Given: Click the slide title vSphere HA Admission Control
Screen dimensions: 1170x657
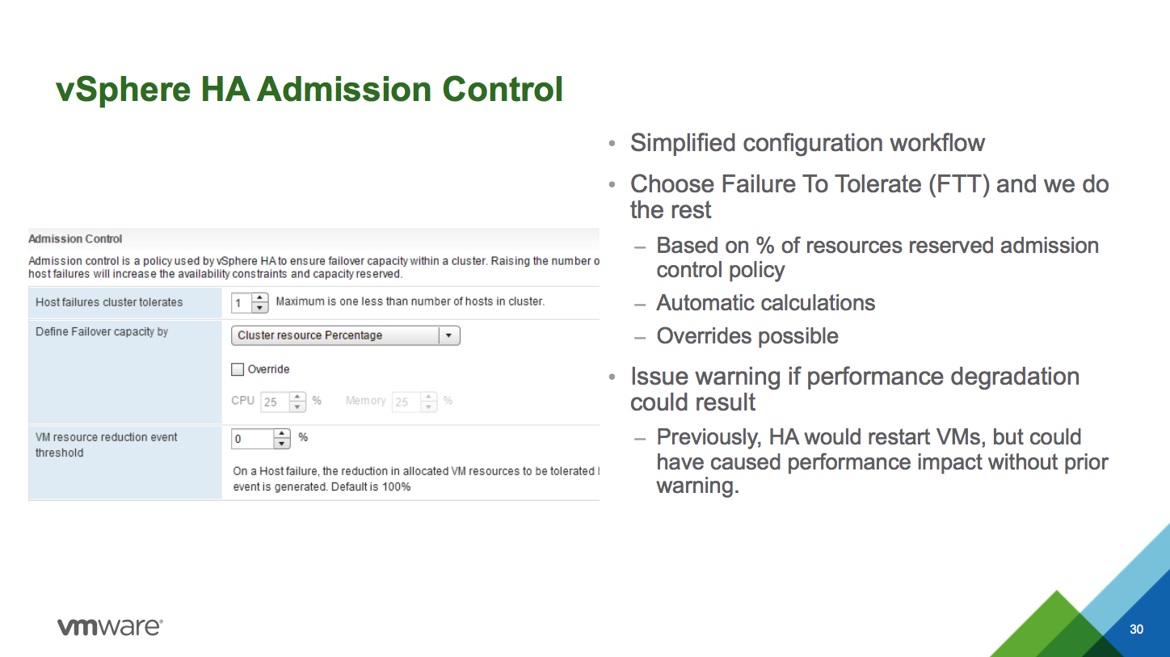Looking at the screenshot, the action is point(309,90).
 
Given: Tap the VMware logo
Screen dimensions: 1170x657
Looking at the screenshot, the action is point(110,627).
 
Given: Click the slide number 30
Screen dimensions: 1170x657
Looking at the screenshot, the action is point(1136,630).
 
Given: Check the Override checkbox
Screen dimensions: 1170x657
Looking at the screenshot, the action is point(238,370).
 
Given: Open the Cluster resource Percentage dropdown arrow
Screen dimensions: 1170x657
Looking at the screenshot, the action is point(448,335).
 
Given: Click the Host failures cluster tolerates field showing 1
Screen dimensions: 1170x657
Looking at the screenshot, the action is point(242,303).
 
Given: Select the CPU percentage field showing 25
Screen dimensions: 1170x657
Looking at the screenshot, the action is point(274,402).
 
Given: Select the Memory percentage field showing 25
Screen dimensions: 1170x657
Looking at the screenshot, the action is point(406,402).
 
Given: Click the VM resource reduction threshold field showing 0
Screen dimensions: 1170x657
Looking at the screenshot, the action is point(252,439).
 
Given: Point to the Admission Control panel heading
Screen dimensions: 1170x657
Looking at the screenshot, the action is point(75,239).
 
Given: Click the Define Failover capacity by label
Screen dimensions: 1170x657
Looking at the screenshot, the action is point(102,332).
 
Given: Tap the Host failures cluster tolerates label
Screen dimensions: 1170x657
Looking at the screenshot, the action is point(109,302).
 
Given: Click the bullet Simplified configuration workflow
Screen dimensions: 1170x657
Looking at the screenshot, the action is point(807,143).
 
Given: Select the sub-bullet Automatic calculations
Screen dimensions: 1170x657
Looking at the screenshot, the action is point(765,303).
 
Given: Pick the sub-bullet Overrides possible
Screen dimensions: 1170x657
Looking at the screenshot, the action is point(747,336).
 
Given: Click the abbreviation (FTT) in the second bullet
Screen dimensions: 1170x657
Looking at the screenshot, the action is point(959,184).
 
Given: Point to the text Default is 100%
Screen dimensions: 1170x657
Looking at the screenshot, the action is point(371,486).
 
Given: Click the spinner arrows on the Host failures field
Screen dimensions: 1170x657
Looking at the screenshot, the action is point(260,303).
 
